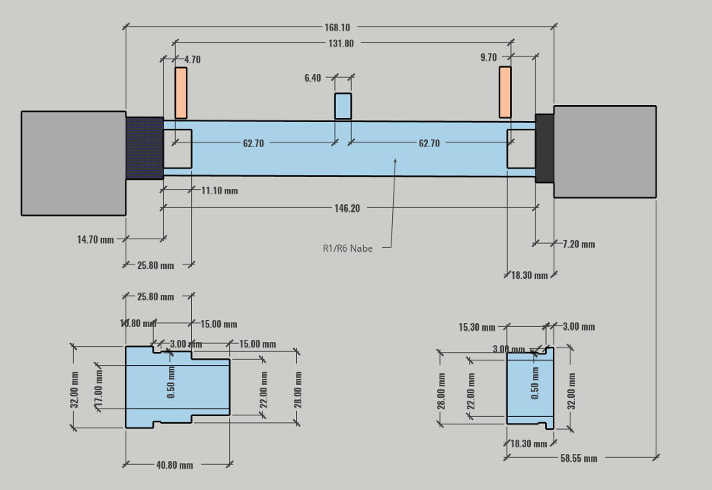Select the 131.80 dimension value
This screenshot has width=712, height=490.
click(x=340, y=43)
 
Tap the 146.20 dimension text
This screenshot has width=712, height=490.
click(x=346, y=208)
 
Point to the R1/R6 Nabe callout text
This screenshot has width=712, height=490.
click(x=347, y=248)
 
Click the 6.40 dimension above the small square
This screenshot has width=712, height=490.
click(x=312, y=78)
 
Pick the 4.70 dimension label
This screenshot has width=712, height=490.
click(x=192, y=59)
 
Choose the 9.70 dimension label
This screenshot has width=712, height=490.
click(x=488, y=57)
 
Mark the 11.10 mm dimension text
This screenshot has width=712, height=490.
click(x=219, y=191)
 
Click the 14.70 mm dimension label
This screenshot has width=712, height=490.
click(x=95, y=239)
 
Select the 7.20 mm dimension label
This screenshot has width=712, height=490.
click(x=579, y=244)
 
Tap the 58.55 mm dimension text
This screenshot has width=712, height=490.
click(x=579, y=458)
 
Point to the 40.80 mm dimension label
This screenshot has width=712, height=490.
click(x=174, y=464)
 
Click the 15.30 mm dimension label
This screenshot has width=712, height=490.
click(x=477, y=327)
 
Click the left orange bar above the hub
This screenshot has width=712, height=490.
click(x=180, y=93)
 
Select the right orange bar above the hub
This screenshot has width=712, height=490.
click(x=505, y=92)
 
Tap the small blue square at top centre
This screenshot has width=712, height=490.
click(x=343, y=106)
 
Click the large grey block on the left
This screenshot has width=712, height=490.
click(x=73, y=163)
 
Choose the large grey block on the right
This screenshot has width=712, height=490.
click(x=605, y=152)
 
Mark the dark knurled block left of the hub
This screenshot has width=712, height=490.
click(x=144, y=148)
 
